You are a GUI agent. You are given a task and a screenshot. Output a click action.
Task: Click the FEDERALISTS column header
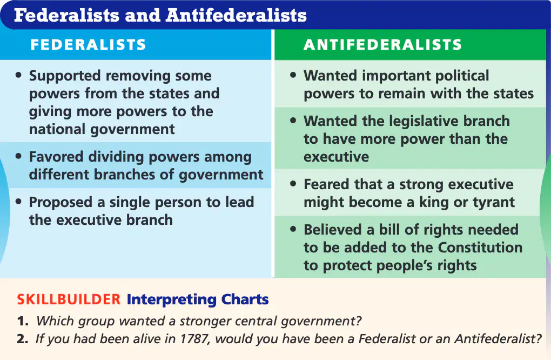click(88, 45)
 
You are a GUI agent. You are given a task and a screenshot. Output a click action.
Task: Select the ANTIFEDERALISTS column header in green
click(382, 45)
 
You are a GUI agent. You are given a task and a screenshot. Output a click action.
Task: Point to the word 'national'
click(58, 129)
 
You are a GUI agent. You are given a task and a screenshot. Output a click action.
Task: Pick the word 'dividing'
click(116, 157)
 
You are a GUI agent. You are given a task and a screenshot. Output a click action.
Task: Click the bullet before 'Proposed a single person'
click(18, 202)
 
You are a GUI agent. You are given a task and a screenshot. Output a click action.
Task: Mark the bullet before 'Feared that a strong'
click(293, 184)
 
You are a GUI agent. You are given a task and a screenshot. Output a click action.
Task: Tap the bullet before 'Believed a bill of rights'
click(293, 229)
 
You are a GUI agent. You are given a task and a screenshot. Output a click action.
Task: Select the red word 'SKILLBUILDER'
click(69, 299)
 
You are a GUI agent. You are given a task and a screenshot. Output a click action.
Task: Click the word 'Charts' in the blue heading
click(245, 299)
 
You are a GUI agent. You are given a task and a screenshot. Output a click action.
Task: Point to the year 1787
click(195, 339)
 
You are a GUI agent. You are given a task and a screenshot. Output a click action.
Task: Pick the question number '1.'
click(23, 321)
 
